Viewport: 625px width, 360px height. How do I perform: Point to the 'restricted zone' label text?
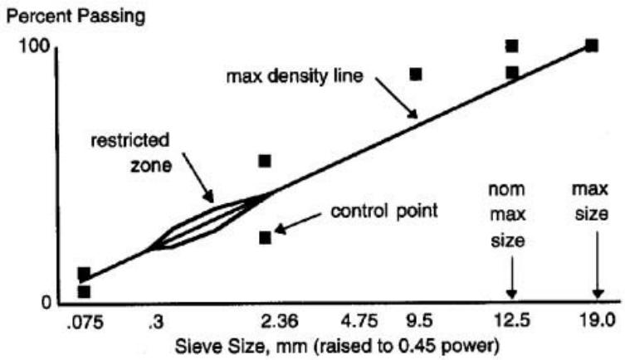tap(119, 147)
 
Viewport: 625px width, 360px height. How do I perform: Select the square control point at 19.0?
tap(591, 46)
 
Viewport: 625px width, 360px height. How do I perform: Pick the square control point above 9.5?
tap(416, 75)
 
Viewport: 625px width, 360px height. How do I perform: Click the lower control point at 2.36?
tap(266, 238)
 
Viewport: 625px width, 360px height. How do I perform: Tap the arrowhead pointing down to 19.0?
tap(596, 293)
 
